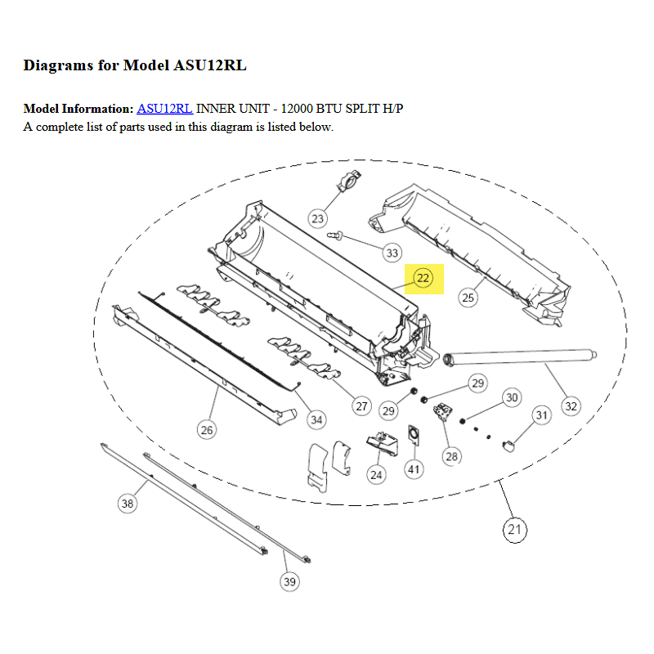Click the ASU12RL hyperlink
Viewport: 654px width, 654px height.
click(165, 109)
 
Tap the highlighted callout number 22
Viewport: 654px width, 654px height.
click(423, 278)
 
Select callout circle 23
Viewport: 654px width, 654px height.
click(318, 218)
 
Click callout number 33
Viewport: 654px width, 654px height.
click(392, 253)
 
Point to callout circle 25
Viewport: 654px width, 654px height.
click(468, 298)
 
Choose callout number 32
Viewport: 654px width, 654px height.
click(571, 406)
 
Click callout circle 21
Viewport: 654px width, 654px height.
click(515, 530)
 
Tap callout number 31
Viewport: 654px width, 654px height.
click(542, 415)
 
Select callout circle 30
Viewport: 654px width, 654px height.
click(513, 397)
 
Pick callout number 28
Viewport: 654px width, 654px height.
click(452, 456)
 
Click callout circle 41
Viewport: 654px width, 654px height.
click(414, 469)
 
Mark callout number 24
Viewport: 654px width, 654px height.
click(376, 475)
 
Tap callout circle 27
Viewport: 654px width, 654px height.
click(361, 406)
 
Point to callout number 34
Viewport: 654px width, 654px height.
click(316, 420)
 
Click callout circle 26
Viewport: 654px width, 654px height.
click(207, 430)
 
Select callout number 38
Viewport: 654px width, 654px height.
click(128, 504)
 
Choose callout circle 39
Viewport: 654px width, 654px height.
click(290, 581)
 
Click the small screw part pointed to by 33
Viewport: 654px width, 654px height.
click(334, 235)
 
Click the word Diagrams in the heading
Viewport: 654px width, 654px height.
click(58, 66)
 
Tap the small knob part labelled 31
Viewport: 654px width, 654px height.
click(508, 446)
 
